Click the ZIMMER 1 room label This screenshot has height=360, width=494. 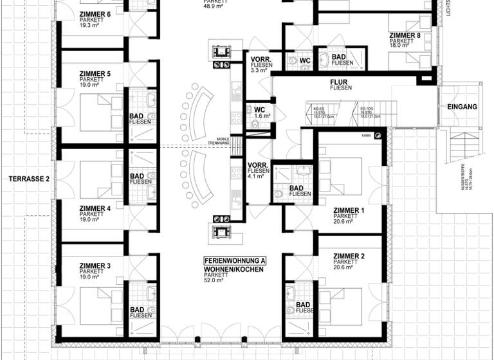click(349, 210)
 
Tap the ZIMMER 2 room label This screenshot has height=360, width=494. click(349, 256)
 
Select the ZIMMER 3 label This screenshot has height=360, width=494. click(95, 265)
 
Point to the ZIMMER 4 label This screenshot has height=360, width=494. click(95, 208)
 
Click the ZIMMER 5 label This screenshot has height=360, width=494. click(95, 74)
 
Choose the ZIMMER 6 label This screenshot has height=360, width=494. click(95, 14)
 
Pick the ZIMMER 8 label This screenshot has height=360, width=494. click(405, 35)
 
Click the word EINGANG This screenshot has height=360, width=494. click(464, 107)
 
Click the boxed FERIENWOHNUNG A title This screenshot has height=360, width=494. click(234, 260)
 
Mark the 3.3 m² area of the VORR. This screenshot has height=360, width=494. click(259, 71)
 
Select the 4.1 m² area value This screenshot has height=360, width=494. click(256, 176)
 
